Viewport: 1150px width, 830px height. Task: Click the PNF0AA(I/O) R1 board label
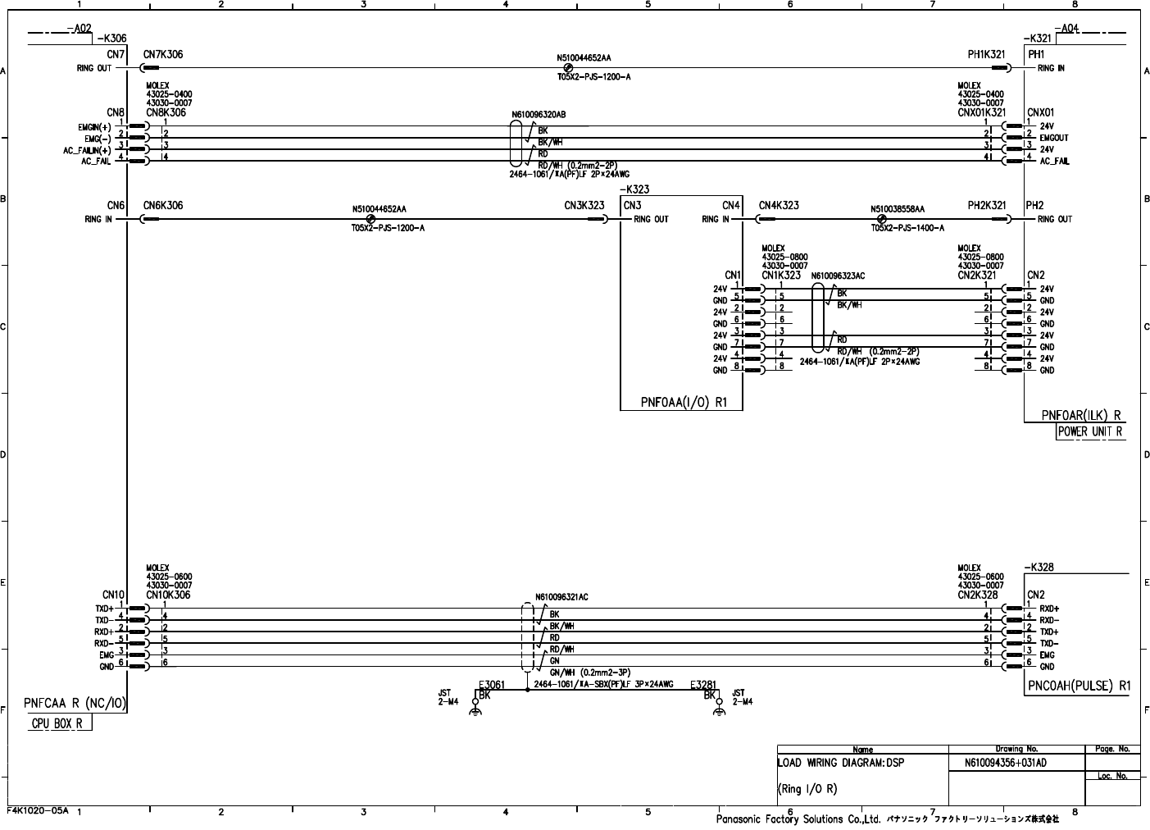click(681, 403)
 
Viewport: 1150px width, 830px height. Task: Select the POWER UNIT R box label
click(1089, 431)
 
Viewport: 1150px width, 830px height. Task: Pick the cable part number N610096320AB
click(539, 115)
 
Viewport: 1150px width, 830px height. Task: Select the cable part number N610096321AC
click(561, 597)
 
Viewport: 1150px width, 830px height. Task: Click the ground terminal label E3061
click(491, 684)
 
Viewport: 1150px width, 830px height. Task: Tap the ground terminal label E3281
click(703, 684)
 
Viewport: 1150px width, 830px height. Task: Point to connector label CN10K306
click(168, 595)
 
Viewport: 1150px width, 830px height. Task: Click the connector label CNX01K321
click(981, 112)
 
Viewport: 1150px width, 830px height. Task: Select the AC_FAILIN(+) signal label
click(87, 150)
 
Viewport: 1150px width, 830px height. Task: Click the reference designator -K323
click(634, 189)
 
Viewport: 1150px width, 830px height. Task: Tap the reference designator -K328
click(1039, 567)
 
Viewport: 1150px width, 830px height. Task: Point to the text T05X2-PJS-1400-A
click(907, 228)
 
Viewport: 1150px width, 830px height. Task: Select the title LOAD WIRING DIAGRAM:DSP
click(840, 763)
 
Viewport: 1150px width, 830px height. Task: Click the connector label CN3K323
click(584, 206)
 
